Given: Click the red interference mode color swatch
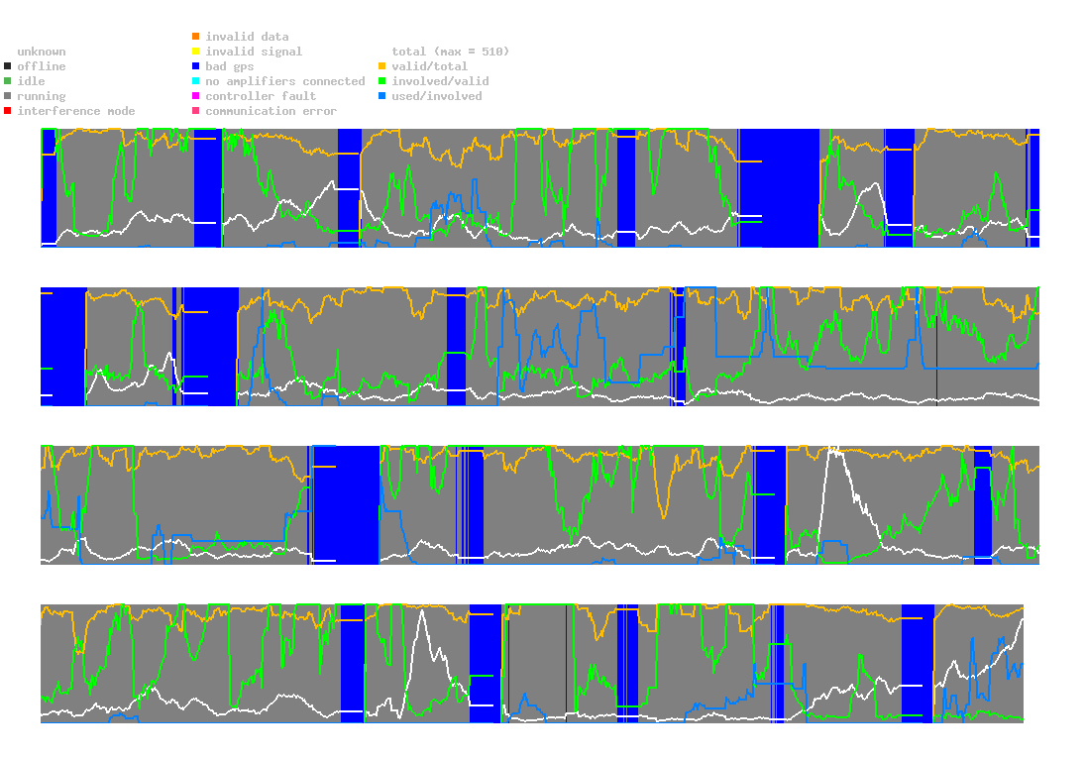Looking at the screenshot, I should click(8, 111).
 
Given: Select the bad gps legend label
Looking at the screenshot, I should click(229, 66).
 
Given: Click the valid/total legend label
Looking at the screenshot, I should click(426, 66).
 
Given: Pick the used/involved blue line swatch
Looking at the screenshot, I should click(382, 96).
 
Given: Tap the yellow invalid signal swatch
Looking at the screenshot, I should click(196, 52).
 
